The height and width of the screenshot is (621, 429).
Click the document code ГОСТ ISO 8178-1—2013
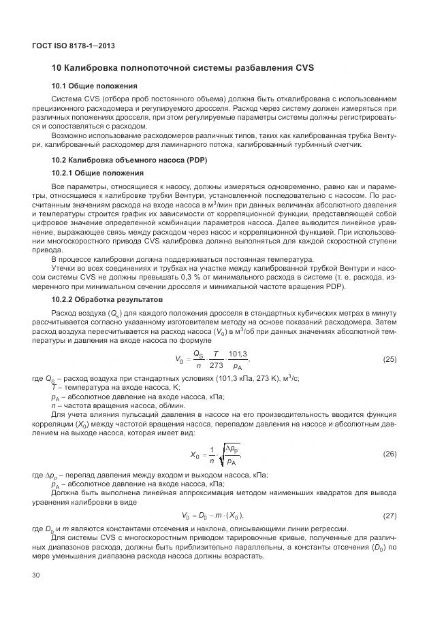(74, 46)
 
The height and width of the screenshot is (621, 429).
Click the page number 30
(37, 575)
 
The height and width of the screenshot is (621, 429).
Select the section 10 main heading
(182, 68)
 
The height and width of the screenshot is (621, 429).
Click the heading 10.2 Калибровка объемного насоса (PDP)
(129, 160)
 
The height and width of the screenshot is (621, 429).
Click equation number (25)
(390, 358)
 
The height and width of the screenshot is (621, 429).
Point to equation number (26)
(390, 452)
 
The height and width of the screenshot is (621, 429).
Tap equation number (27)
(390, 516)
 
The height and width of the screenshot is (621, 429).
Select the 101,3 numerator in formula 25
(238, 353)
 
